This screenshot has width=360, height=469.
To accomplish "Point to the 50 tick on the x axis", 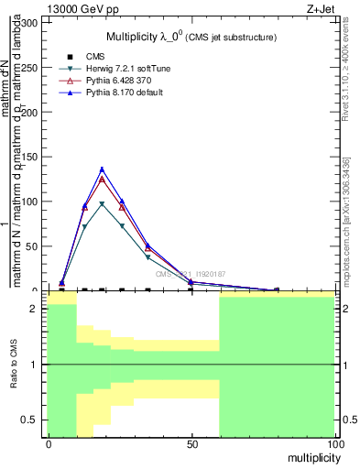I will [191, 444].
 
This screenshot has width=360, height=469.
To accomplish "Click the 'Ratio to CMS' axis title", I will [14, 365].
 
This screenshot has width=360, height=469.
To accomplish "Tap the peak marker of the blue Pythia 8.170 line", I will [103, 169].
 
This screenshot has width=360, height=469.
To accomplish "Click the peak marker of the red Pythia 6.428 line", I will [103, 179].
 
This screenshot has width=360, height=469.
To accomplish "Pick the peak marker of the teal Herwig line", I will [103, 204].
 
